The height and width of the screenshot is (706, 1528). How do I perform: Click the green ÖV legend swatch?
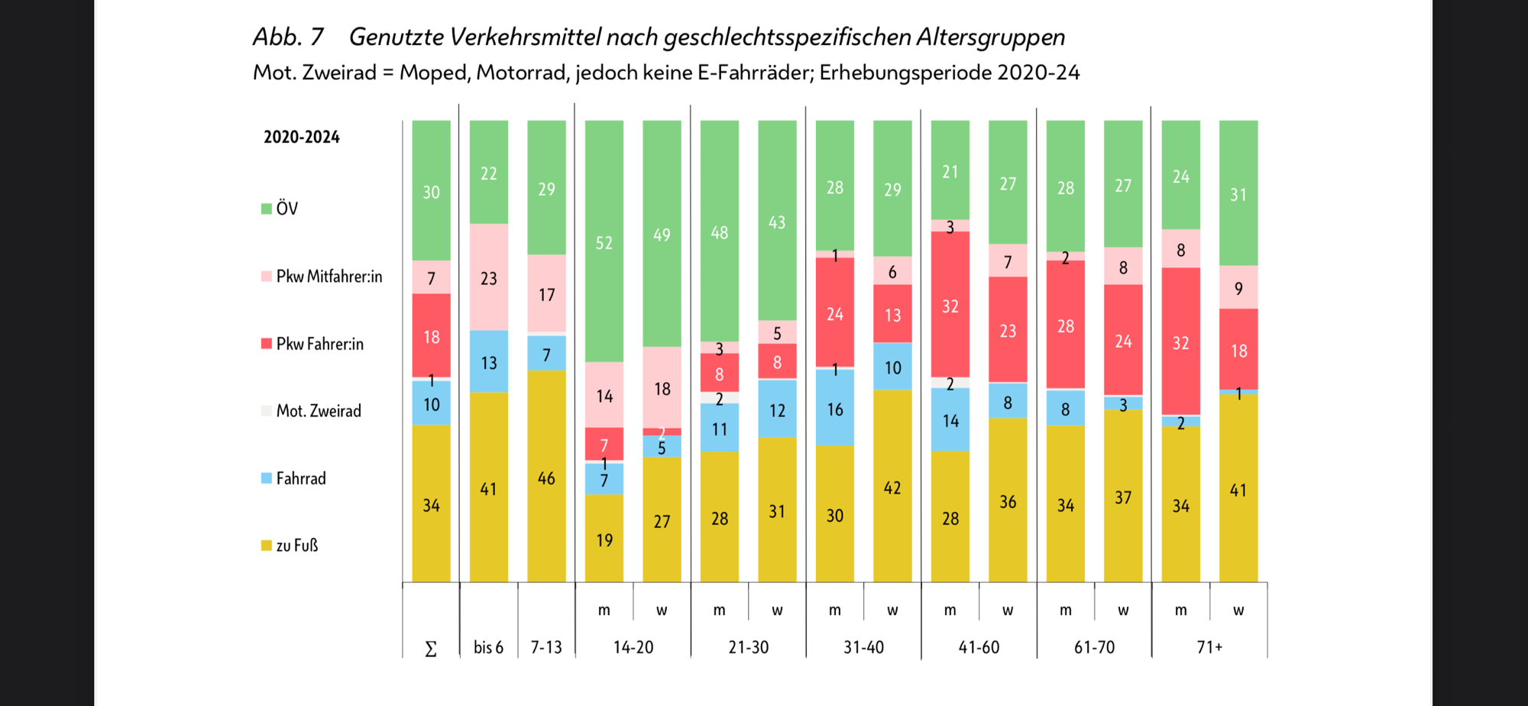[x=267, y=209]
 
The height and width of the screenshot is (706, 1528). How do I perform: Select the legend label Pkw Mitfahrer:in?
[x=329, y=277]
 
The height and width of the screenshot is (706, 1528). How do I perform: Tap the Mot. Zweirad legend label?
[x=319, y=411]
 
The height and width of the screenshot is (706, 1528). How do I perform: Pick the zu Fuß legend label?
[x=296, y=546]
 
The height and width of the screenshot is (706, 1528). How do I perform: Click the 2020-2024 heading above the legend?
[x=302, y=138]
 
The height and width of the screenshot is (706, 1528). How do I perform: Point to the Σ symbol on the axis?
[x=431, y=649]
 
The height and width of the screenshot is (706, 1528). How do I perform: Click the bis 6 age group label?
[x=488, y=647]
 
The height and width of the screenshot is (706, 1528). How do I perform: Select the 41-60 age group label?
[x=979, y=647]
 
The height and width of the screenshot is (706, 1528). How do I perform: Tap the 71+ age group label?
[x=1209, y=647]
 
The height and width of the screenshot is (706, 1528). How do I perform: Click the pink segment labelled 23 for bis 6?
[x=489, y=277]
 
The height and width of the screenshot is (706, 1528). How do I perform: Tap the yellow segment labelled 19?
[x=604, y=539]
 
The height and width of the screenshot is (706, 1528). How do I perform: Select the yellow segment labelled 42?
[x=892, y=487]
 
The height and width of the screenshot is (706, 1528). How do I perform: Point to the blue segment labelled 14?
[x=950, y=419]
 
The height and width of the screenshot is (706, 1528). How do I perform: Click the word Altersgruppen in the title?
[x=991, y=37]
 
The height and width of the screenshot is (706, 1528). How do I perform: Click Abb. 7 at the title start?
[x=288, y=37]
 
